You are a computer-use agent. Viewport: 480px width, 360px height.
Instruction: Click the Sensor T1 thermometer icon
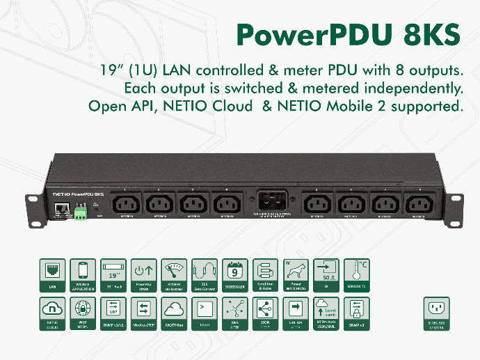(x=355, y=273)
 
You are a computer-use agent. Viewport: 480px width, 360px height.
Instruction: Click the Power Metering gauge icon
(x=173, y=273)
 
